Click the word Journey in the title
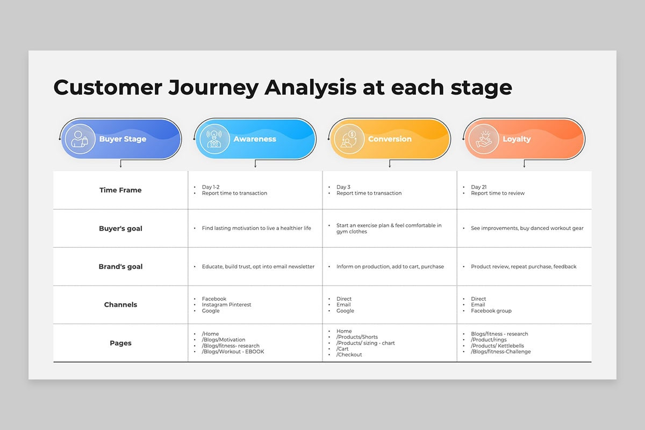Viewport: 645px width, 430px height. click(x=213, y=88)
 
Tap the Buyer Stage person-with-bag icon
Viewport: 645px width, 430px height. click(x=80, y=139)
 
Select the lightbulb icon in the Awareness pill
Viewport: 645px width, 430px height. click(x=214, y=139)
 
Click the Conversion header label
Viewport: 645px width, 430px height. click(x=390, y=139)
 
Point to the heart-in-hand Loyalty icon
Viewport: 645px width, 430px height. click(x=483, y=139)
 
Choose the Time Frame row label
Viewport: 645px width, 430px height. click(x=120, y=190)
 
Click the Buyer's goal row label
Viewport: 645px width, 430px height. click(x=120, y=228)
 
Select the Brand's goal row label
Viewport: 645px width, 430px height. click(x=120, y=267)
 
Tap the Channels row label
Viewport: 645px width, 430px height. click(x=120, y=305)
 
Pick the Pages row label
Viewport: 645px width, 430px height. click(x=120, y=343)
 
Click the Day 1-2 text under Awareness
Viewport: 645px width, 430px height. click(x=211, y=187)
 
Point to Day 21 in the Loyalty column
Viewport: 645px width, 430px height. click(x=478, y=187)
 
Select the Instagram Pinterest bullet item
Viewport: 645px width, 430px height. click(x=226, y=305)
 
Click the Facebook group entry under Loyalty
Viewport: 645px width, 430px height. click(x=491, y=311)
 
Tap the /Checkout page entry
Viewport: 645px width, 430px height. click(x=349, y=355)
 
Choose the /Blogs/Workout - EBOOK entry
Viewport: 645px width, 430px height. click(x=233, y=352)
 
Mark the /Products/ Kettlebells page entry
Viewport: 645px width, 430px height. click(x=497, y=346)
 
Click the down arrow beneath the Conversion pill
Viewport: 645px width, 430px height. click(x=390, y=163)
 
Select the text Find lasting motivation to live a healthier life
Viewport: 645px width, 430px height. click(x=256, y=228)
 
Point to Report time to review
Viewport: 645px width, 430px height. click(x=498, y=193)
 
